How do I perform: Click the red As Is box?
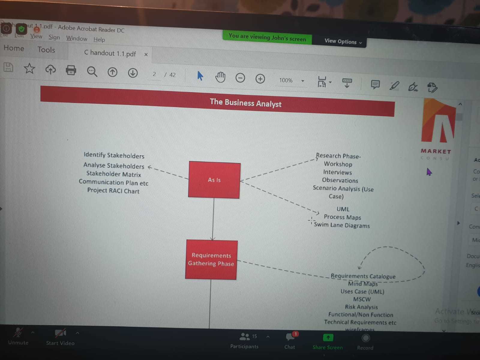(x=214, y=180)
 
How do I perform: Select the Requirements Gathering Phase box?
(x=211, y=259)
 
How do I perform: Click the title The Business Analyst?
(x=245, y=103)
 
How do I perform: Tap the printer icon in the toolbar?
(x=71, y=70)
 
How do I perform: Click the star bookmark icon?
(x=29, y=69)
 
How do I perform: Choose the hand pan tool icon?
(x=220, y=77)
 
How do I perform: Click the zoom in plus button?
(x=260, y=79)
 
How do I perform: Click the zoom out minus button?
(x=240, y=78)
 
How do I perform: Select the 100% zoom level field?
(x=286, y=80)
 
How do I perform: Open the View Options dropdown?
(x=343, y=41)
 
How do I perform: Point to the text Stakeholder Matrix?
(x=114, y=174)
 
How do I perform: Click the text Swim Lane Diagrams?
(x=342, y=225)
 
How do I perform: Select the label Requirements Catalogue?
(x=363, y=276)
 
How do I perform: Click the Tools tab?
(x=46, y=50)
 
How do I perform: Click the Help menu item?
(x=99, y=40)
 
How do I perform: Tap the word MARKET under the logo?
(x=436, y=151)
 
